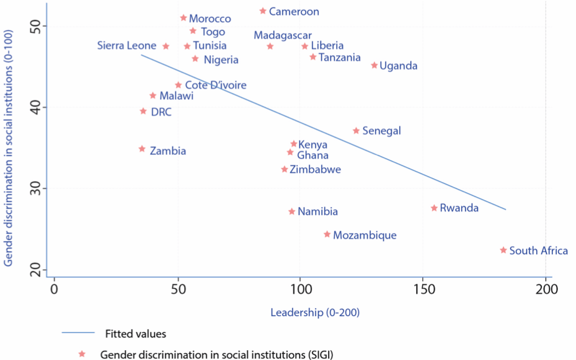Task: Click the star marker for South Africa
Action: point(503,250)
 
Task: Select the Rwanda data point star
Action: point(434,208)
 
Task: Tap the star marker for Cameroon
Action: point(263,11)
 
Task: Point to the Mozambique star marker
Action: point(327,234)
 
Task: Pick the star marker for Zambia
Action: point(142,149)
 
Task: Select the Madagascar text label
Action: point(283,36)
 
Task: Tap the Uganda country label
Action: point(398,66)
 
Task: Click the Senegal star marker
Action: point(356,131)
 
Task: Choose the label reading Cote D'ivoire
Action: point(216,85)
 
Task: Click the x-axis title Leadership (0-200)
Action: point(315,312)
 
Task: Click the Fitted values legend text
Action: point(135,333)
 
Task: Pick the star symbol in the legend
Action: point(81,354)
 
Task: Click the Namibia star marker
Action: point(292,212)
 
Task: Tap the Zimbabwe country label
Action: point(315,169)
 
